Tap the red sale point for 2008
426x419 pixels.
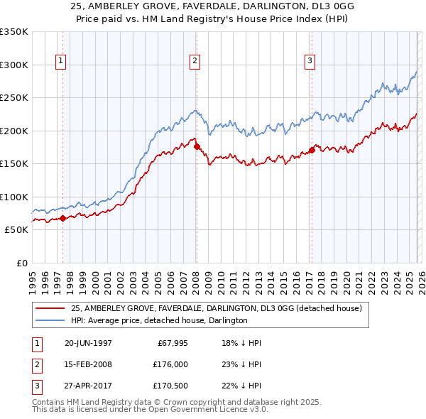tap(197, 147)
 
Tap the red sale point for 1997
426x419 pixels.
tap(63, 218)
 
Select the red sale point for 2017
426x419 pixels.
tap(312, 151)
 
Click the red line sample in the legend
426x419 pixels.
tap(51, 308)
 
